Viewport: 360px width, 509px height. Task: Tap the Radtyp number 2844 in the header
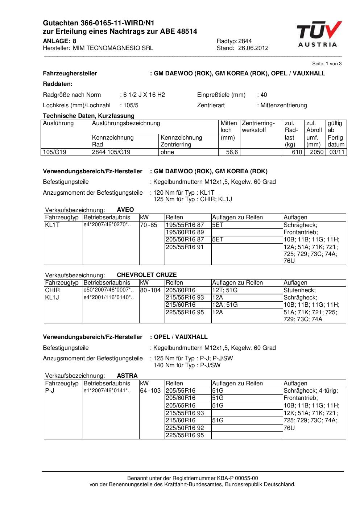(245, 41)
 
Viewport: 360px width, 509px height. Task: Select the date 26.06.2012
(253, 48)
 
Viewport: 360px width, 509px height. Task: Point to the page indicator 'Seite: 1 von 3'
(327, 64)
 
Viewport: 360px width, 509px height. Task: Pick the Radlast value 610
(297, 152)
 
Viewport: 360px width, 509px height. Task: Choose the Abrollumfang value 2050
(316, 152)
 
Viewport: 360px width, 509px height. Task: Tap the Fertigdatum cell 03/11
(337, 152)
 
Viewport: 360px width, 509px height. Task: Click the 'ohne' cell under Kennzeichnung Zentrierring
(167, 152)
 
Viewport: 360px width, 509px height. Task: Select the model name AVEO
(125, 210)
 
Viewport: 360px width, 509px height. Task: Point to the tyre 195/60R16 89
(185, 232)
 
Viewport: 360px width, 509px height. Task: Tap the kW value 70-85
(149, 225)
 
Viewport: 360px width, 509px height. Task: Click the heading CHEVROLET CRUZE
(146, 275)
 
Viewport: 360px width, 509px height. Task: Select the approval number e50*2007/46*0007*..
(108, 290)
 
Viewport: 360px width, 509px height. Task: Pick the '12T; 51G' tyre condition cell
(225, 290)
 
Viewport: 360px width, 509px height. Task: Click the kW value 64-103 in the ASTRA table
(150, 391)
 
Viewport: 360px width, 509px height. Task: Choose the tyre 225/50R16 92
(185, 428)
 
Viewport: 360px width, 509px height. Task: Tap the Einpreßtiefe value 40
(264, 95)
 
